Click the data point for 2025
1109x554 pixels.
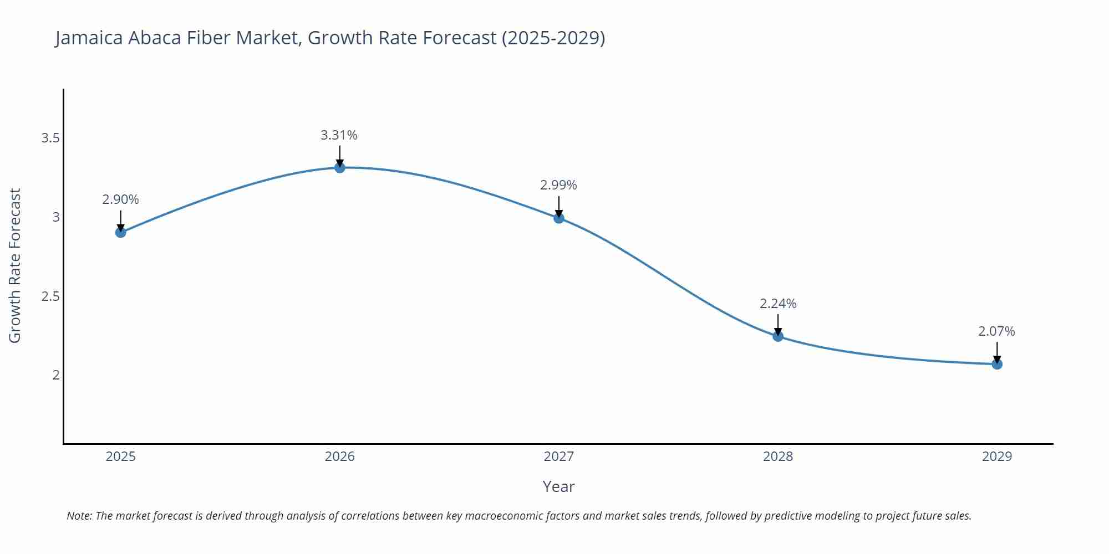click(x=120, y=232)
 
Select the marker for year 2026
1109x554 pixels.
click(x=340, y=167)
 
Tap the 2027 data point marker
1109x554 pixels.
click(x=559, y=218)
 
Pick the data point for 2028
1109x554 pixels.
click(x=778, y=336)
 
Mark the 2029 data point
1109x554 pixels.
click(x=997, y=364)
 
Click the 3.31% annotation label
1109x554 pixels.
click(x=339, y=135)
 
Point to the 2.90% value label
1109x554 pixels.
click(x=120, y=199)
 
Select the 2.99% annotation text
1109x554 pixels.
click(x=558, y=185)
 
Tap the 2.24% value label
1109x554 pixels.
click(x=778, y=304)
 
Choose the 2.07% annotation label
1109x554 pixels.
click(x=996, y=331)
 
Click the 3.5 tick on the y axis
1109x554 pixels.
click(x=50, y=138)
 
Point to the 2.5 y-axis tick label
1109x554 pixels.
click(x=50, y=296)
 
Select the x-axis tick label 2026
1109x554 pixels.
click(x=340, y=456)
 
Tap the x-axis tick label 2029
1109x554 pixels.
click(x=997, y=456)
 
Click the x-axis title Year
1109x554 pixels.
click(x=558, y=486)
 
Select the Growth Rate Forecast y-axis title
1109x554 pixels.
click(x=15, y=265)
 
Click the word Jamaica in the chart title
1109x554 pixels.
click(x=89, y=38)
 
